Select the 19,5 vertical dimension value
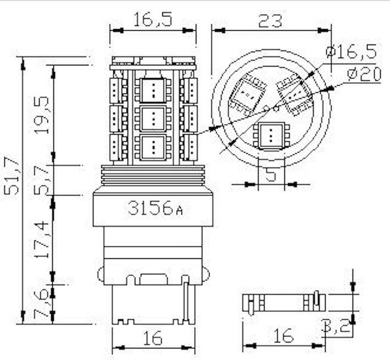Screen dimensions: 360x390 click(x=44, y=115)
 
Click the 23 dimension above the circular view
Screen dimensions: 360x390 click(x=271, y=20)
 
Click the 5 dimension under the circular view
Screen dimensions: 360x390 click(x=271, y=175)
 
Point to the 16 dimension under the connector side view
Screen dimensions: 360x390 click(x=283, y=336)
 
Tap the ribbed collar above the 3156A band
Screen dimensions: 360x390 click(x=153, y=175)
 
